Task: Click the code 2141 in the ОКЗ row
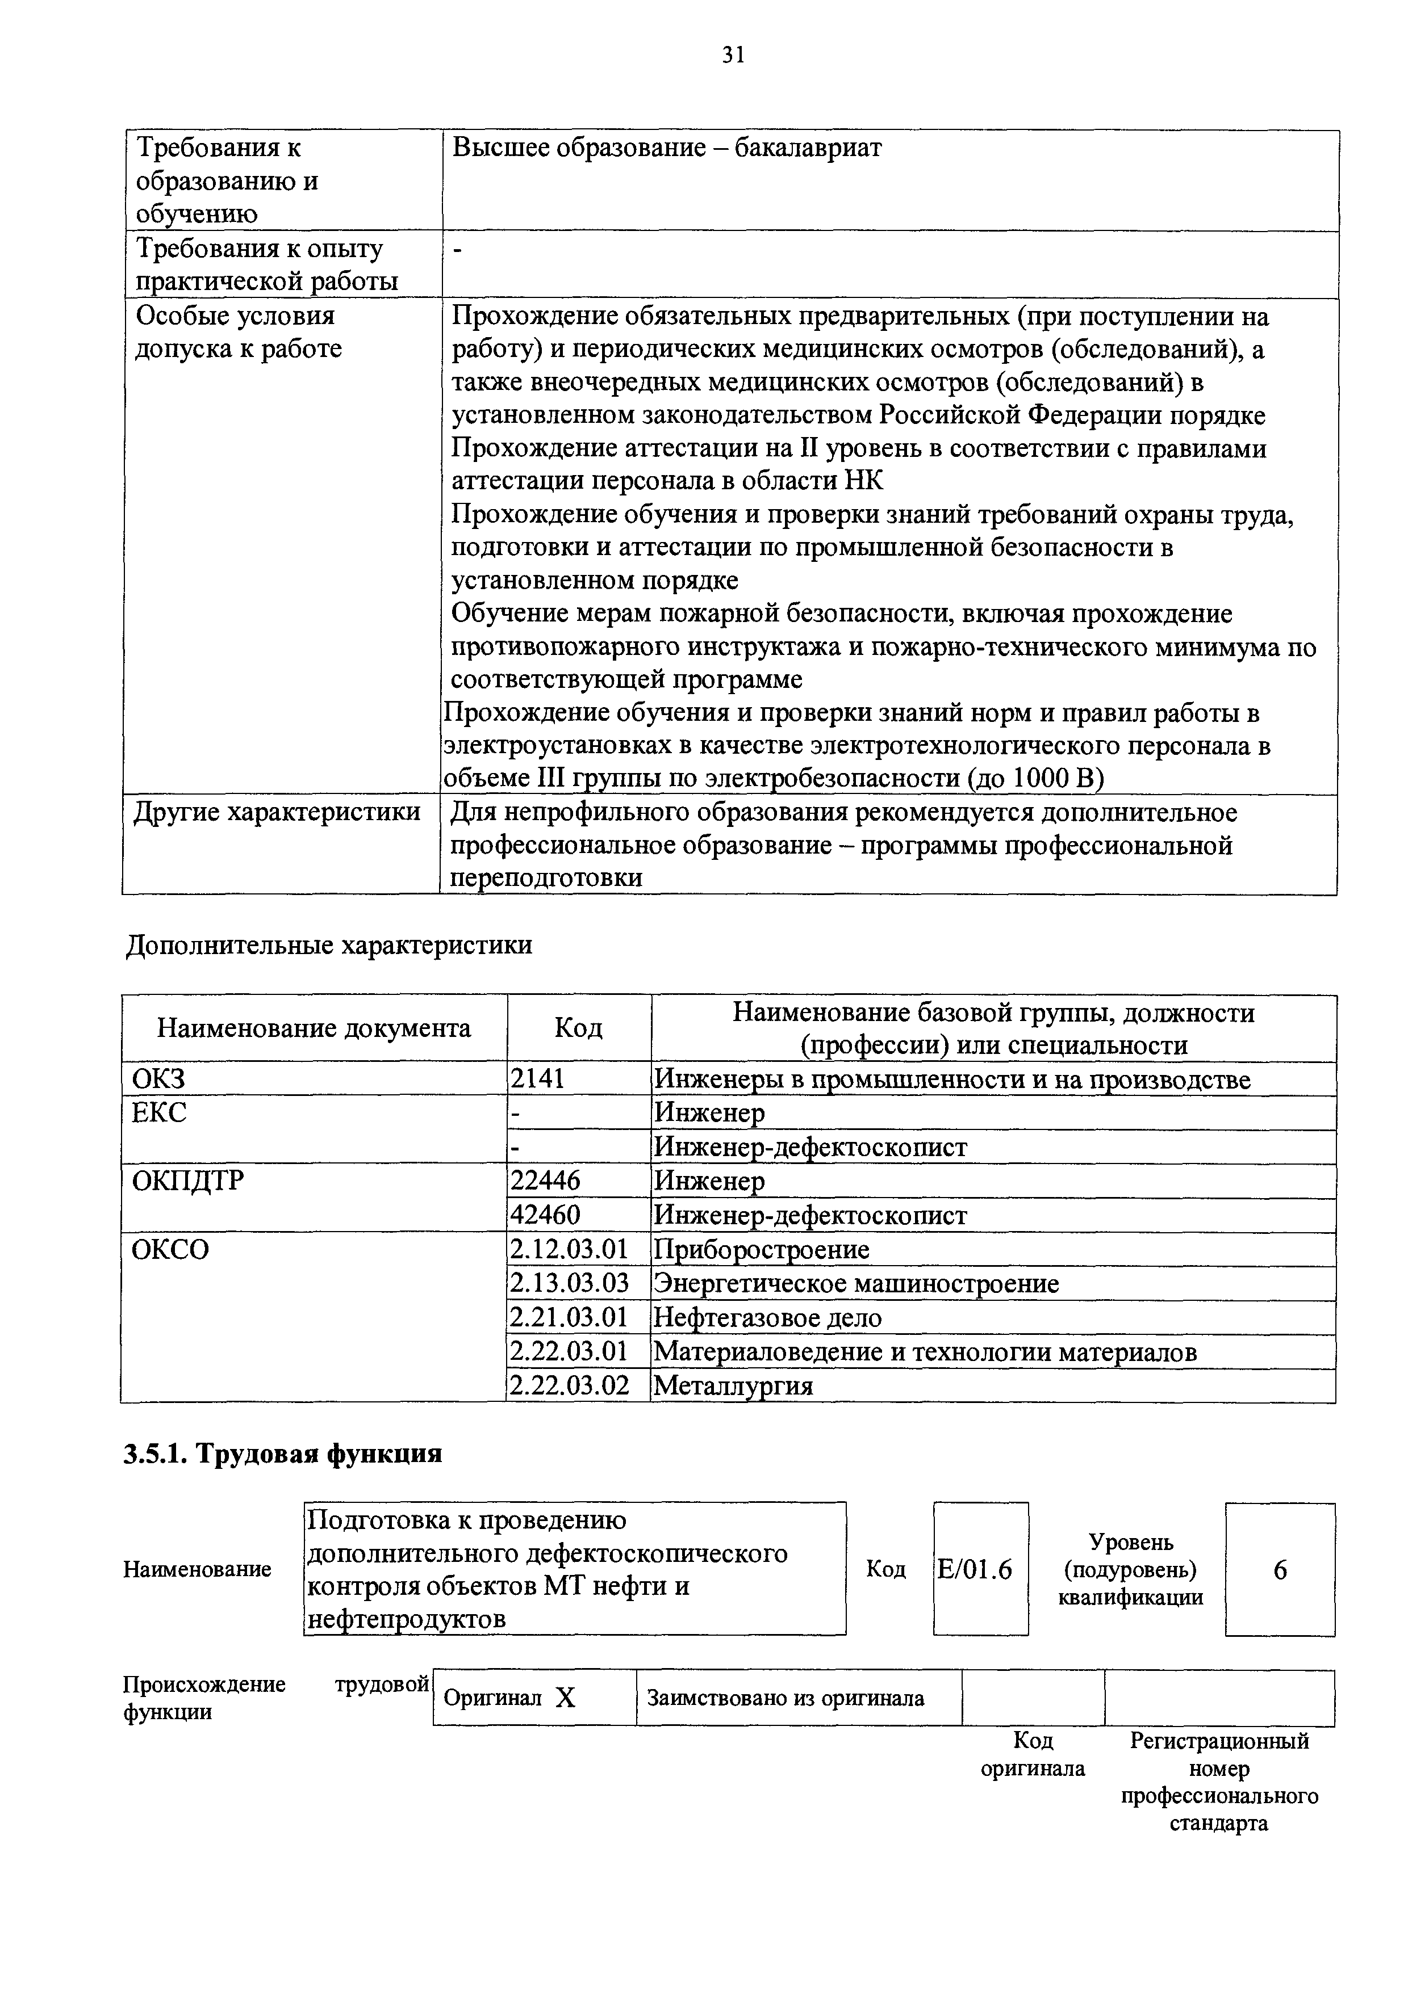pos(537,1079)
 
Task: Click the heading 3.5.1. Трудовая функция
pos(283,1454)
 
